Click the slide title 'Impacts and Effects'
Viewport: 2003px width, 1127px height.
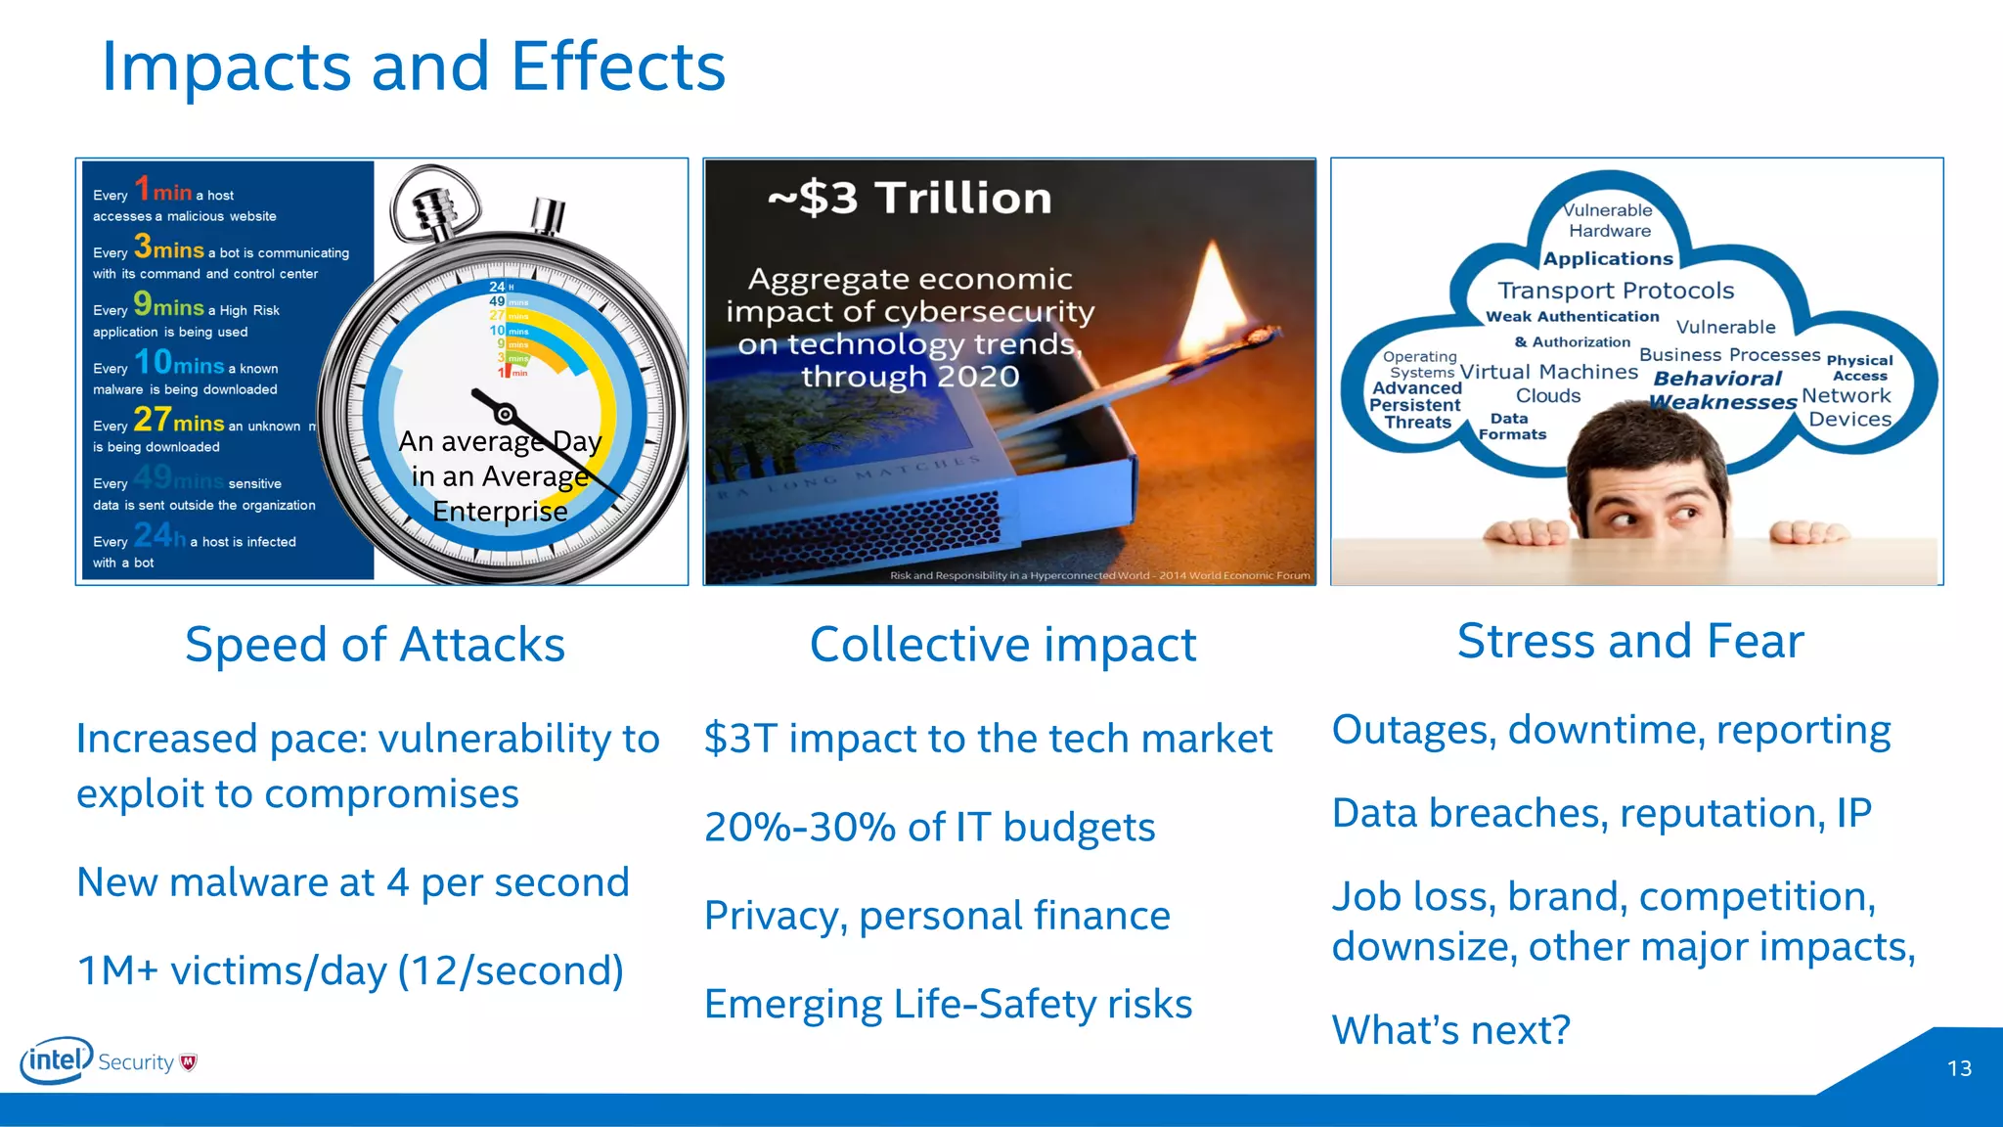click(x=413, y=67)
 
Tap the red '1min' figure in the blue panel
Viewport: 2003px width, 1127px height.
click(x=162, y=190)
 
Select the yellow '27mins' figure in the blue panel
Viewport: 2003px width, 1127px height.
click(x=179, y=421)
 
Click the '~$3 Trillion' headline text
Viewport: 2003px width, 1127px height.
click(x=910, y=199)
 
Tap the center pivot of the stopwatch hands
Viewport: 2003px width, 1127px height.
click(x=505, y=414)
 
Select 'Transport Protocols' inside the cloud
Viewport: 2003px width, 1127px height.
click(x=1616, y=291)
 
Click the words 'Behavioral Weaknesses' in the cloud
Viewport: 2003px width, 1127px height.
click(x=1721, y=390)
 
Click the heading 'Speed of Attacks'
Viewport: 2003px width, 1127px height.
click(x=375, y=645)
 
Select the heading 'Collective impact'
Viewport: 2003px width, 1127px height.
click(x=1002, y=645)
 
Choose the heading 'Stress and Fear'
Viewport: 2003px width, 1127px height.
click(x=1630, y=642)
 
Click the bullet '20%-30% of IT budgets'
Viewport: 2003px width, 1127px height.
click(x=929, y=828)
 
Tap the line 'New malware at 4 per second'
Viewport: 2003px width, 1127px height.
click(x=353, y=882)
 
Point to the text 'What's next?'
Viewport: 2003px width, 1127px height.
click(x=1451, y=1030)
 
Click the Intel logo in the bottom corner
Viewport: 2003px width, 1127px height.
click(x=56, y=1060)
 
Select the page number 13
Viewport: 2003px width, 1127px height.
click(x=1959, y=1068)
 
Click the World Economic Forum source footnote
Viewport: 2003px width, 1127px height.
click(x=1099, y=575)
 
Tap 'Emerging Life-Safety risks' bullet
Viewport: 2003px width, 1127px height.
click(x=948, y=1005)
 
